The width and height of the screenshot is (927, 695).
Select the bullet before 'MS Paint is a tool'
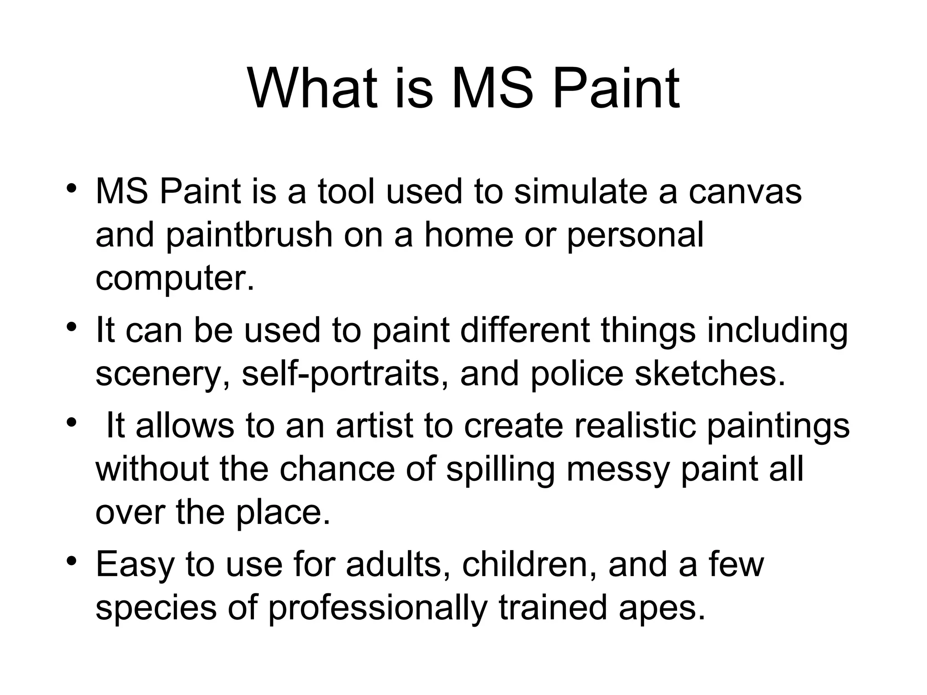point(71,188)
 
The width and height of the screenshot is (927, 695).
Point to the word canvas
point(745,191)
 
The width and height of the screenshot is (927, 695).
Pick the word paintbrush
point(249,235)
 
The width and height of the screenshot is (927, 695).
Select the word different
point(525,330)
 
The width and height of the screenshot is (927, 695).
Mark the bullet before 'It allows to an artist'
point(71,423)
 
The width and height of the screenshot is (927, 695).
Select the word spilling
point(500,470)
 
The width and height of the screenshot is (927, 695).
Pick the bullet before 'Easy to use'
point(71,561)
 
